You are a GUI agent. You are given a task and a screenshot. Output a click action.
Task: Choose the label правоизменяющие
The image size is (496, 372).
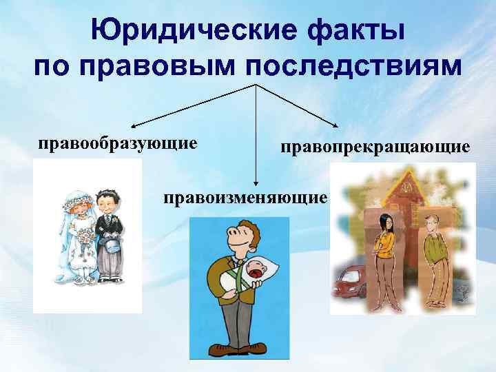click(x=245, y=198)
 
